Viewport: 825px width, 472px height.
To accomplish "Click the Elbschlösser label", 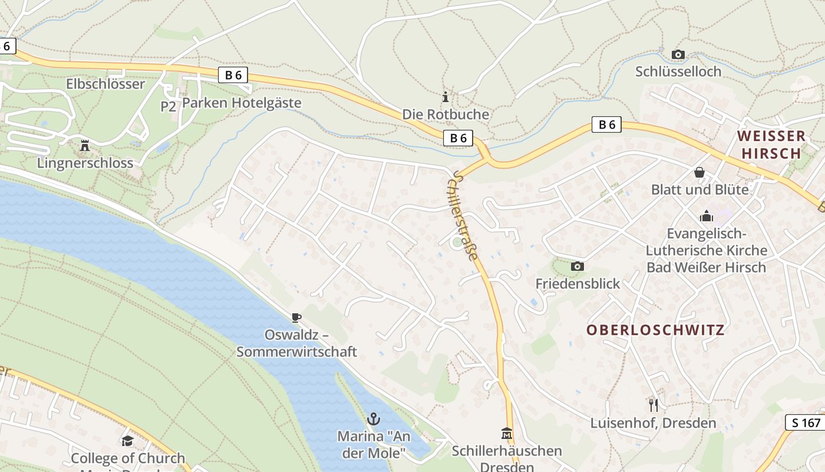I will pos(105,84).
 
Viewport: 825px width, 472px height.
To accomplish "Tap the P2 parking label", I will pos(169,106).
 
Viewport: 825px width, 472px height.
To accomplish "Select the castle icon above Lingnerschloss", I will pos(85,145).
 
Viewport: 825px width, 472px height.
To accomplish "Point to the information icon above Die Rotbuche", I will pos(445,97).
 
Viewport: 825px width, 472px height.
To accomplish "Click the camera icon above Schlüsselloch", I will pos(678,55).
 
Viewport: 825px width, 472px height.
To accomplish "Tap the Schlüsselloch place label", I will pos(678,71).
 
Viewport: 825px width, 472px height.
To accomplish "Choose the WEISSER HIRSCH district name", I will pos(771,145).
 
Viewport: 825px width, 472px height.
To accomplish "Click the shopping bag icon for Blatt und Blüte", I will pos(699,172).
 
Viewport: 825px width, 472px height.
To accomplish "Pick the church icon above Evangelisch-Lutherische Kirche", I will pos(706,216).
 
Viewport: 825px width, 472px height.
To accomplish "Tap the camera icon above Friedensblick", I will pos(577,267).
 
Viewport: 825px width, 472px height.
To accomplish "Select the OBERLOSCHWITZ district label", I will pos(655,330).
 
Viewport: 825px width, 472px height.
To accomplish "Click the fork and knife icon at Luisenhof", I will pos(653,405).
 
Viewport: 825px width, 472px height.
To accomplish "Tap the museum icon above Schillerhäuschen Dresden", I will pos(506,434).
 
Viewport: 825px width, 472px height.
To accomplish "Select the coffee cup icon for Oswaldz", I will pos(296,318).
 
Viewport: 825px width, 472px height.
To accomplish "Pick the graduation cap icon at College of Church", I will pos(127,441).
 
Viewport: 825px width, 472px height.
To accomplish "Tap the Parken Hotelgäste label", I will pos(242,103).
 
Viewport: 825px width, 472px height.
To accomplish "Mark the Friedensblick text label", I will pos(577,284).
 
